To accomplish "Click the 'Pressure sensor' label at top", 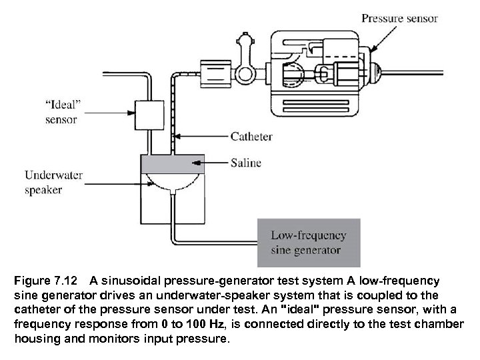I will pyautogui.click(x=399, y=18).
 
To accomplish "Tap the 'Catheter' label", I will pyautogui.click(x=251, y=137).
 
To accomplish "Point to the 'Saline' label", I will pyautogui.click(x=246, y=162).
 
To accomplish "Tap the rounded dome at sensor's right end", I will pyautogui.click(x=374, y=69).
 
